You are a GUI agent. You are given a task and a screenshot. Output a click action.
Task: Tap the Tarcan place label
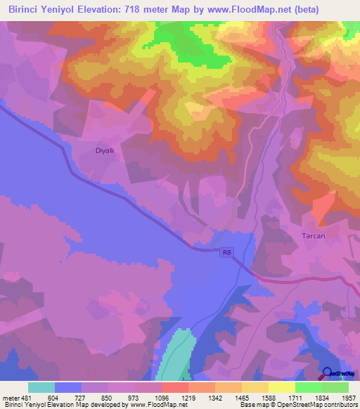coord(313,235)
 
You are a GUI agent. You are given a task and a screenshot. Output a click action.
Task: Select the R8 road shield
coord(226,251)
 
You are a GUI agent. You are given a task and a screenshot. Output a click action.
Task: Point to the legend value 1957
coord(349,398)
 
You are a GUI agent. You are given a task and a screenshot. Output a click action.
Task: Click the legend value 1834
coord(322,398)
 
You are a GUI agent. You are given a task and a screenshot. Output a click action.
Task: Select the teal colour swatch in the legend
coord(41,387)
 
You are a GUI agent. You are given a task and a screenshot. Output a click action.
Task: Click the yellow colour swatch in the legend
coord(282,387)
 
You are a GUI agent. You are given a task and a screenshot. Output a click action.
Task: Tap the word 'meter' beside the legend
coord(9,398)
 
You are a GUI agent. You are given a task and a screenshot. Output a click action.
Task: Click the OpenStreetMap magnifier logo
coord(327,372)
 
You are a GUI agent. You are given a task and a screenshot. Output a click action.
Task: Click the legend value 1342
coord(215,398)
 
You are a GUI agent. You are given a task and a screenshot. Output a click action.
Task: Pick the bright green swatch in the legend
coord(309,387)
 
